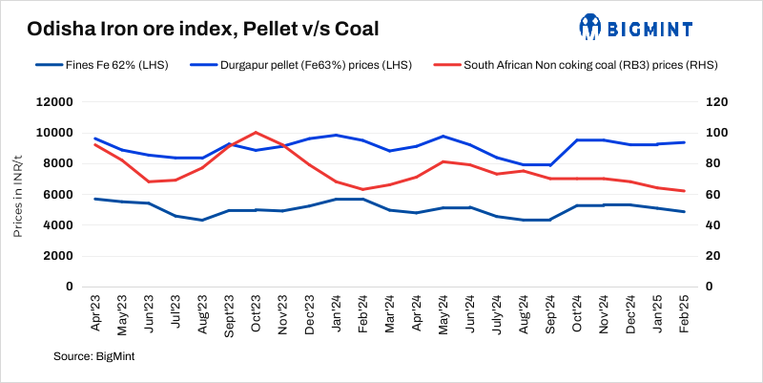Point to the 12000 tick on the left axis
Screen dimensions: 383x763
(54, 102)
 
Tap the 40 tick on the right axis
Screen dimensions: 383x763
(711, 225)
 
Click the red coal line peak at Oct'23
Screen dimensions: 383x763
(256, 133)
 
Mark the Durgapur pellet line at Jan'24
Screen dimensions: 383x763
(336, 135)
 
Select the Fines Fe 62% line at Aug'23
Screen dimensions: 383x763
(202, 220)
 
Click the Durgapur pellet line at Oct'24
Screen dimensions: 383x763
(578, 140)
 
